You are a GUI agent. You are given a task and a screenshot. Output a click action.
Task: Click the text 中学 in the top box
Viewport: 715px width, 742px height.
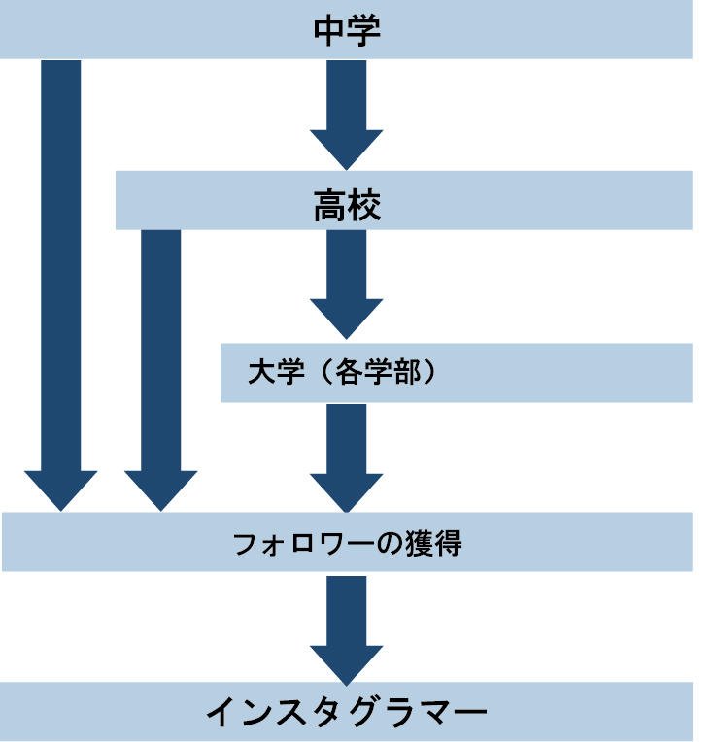(x=347, y=30)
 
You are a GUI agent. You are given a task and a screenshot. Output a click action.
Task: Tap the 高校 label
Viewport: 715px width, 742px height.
(x=347, y=207)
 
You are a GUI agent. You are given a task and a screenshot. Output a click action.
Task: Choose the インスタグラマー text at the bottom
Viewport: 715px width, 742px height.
(x=347, y=714)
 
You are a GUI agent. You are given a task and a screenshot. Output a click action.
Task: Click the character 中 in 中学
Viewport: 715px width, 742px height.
(x=330, y=30)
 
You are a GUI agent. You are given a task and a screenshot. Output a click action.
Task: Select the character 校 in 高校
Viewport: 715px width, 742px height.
(x=364, y=207)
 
